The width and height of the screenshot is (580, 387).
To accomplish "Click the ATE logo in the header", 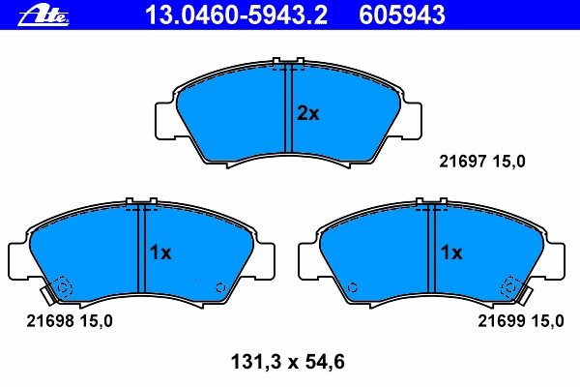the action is click(43, 15).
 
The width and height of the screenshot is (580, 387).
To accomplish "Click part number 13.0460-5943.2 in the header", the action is click(236, 15).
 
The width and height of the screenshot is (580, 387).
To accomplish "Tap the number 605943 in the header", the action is click(402, 15).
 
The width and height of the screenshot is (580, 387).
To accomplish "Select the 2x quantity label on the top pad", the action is click(307, 113).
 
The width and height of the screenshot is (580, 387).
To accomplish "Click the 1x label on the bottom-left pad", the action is click(160, 253).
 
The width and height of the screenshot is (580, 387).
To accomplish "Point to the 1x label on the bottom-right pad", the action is click(451, 253).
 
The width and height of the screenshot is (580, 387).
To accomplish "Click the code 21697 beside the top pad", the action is click(462, 162).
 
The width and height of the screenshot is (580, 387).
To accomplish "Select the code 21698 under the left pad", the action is click(50, 320).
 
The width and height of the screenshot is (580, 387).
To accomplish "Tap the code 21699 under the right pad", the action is click(501, 320).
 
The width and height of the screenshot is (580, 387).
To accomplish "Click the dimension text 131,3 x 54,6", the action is click(288, 362).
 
